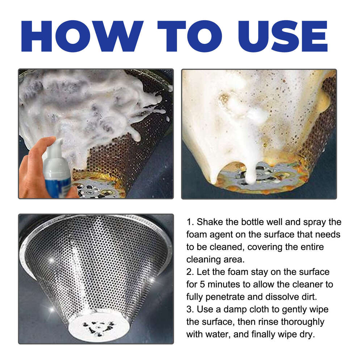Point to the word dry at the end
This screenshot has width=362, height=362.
point(307,334)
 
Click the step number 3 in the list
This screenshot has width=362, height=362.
point(189,309)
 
